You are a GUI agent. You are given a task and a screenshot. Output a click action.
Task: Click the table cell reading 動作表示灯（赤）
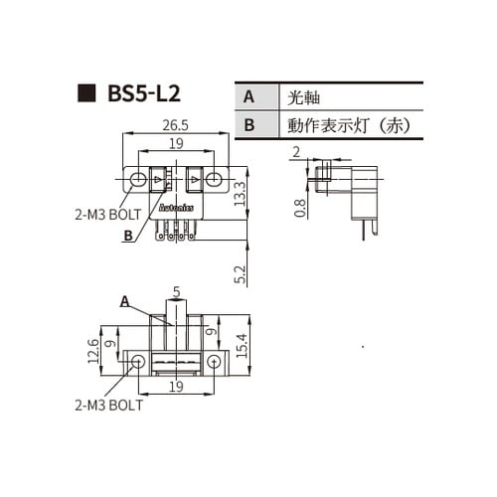(x=348, y=125)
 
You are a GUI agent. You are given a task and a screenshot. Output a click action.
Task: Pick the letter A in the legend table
(x=248, y=96)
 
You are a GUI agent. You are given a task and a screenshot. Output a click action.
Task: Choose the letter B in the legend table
(x=248, y=125)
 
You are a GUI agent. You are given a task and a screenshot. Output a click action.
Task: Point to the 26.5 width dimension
(x=175, y=126)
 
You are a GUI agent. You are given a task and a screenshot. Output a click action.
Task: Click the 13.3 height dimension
(x=239, y=192)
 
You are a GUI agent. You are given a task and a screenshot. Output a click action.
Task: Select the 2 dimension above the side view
(x=296, y=151)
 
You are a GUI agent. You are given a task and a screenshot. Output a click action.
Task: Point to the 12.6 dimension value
(x=92, y=350)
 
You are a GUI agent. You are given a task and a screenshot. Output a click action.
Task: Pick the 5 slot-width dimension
(x=176, y=292)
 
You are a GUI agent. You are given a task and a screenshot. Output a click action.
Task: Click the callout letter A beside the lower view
(x=125, y=299)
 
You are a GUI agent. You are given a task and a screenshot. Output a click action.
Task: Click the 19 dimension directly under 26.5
(x=175, y=143)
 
